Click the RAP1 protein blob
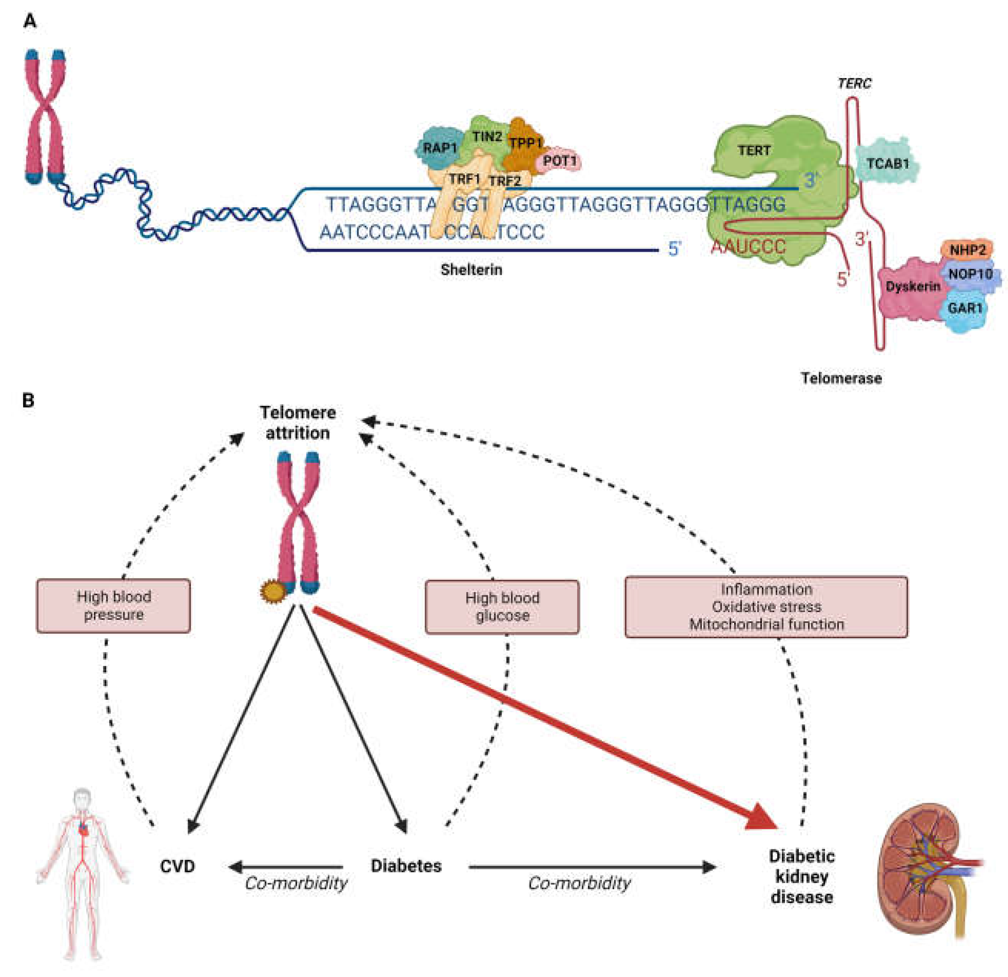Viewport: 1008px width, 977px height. (x=438, y=148)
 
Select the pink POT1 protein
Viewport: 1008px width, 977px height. (x=559, y=162)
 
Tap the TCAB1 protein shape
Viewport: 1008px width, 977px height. (x=887, y=164)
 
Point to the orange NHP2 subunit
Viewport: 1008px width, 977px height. (x=967, y=250)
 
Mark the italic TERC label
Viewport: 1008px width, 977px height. (x=854, y=84)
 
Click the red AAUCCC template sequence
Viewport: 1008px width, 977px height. (x=748, y=247)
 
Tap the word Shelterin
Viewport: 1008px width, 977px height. (x=471, y=270)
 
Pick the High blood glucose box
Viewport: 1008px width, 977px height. (x=502, y=607)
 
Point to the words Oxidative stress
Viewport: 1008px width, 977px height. (x=766, y=607)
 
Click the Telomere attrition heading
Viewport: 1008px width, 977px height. (x=297, y=423)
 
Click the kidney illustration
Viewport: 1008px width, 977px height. (x=926, y=869)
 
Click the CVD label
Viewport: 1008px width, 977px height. (x=177, y=866)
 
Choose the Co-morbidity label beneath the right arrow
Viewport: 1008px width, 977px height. (x=579, y=884)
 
